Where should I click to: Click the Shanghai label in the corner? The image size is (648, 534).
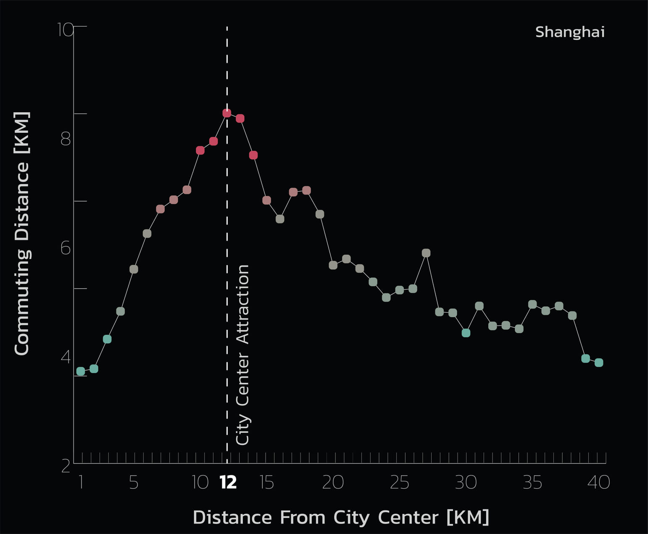(569, 32)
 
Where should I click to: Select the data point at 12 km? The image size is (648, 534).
(227, 113)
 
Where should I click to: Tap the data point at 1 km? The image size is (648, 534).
(81, 371)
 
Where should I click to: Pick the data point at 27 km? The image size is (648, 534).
(426, 253)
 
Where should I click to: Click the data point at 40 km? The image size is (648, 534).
(599, 363)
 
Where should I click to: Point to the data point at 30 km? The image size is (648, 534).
(466, 333)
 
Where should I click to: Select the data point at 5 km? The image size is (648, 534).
(134, 269)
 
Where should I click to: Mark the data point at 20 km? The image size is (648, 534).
(333, 265)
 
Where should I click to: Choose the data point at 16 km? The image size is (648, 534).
(280, 219)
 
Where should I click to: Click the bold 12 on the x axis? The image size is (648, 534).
(228, 483)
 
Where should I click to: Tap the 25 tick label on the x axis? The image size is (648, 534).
(399, 483)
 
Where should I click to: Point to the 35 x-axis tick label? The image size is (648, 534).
(532, 483)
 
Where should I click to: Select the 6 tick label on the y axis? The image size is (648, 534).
(66, 248)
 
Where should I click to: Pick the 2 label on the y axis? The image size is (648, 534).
(66, 466)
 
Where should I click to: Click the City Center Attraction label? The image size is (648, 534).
(243, 355)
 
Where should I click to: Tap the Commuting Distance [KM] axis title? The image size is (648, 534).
(22, 233)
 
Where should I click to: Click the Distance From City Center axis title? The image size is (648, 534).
(341, 517)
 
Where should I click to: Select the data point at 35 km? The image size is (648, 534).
(532, 304)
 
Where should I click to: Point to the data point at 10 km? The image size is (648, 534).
(200, 150)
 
